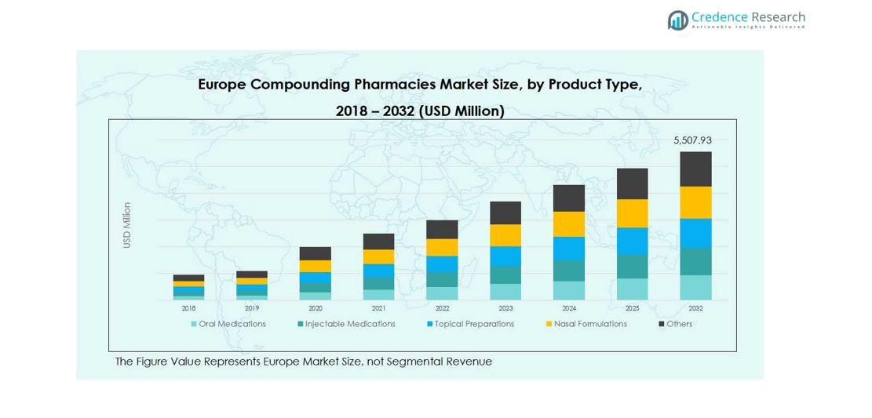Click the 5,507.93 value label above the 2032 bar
692,140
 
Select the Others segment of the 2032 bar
695,169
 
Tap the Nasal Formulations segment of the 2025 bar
632,213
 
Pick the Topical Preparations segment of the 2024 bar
569,248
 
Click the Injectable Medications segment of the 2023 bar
505,274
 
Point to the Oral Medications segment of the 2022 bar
442,293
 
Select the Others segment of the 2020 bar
316,253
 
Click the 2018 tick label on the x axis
188,308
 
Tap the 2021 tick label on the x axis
378,308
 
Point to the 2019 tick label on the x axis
252,308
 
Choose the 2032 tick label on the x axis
695,308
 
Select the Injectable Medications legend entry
349,324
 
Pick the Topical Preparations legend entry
474,324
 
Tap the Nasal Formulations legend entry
589,324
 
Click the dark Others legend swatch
662,324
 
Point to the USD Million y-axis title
127,226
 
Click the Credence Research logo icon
677,20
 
